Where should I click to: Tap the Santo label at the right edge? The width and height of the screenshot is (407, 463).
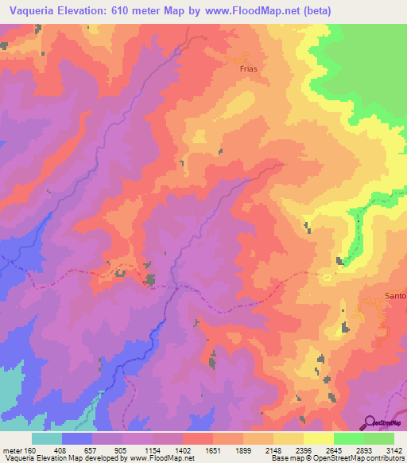pyautogui.click(x=395, y=296)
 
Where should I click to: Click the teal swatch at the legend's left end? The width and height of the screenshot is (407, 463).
pyautogui.click(x=47, y=438)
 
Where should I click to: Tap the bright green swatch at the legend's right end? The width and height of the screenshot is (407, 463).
pyautogui.click(x=379, y=438)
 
